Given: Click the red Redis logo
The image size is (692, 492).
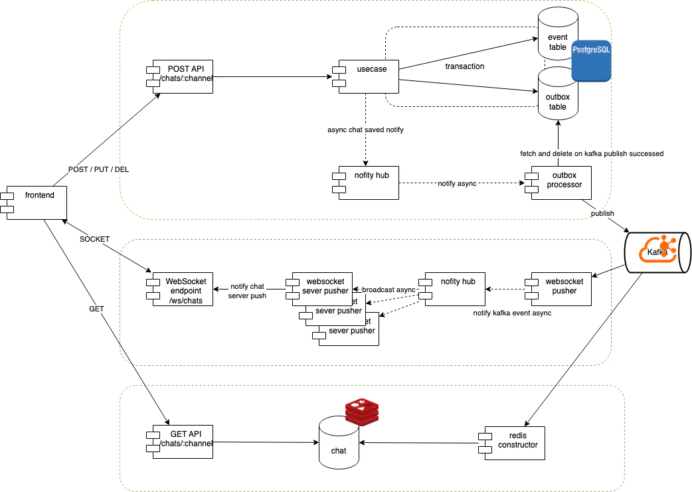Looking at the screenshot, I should point(362,412).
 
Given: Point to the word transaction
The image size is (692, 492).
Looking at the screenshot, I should point(465,66).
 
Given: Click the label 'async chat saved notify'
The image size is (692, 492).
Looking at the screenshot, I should point(366,130).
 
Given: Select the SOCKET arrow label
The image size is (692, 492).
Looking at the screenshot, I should point(95,238).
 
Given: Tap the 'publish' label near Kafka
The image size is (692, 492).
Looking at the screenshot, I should point(602,214).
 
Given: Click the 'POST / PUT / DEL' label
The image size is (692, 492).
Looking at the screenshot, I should point(99,170).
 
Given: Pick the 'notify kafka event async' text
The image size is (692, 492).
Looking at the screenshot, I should point(513,312).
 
